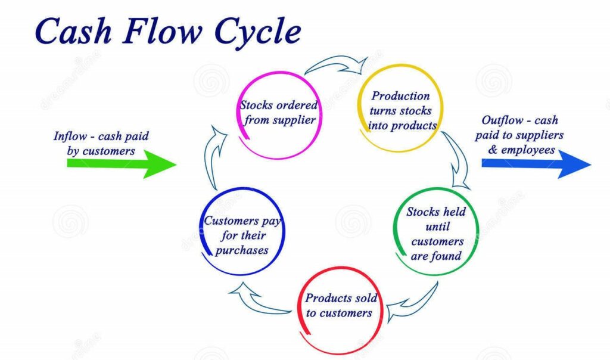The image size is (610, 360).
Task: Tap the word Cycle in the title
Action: pyautogui.click(x=256, y=33)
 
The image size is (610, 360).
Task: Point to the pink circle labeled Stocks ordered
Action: pyautogui.click(x=278, y=113)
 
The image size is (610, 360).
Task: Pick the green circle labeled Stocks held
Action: pyautogui.click(x=436, y=233)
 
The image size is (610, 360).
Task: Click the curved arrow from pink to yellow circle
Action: pyautogui.click(x=337, y=63)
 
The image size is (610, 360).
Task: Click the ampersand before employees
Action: pyautogui.click(x=492, y=150)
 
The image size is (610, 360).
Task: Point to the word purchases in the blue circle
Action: pyautogui.click(x=242, y=250)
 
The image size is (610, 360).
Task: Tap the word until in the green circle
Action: pyautogui.click(x=437, y=226)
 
